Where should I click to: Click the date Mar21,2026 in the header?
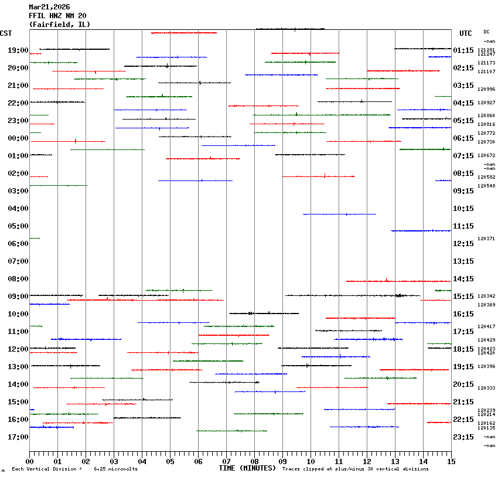click(x=50, y=7)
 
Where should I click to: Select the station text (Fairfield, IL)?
click(x=60, y=25)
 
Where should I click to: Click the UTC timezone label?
click(x=466, y=33)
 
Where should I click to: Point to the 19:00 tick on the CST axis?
click(x=18, y=50)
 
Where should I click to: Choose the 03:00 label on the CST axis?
click(x=18, y=191)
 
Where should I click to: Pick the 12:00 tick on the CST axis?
click(x=18, y=349)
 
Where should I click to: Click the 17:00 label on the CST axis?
click(x=18, y=437)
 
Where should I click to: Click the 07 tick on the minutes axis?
click(x=226, y=461)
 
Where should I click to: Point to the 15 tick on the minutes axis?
click(x=451, y=461)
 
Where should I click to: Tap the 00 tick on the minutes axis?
click(x=29, y=461)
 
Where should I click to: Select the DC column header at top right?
click(x=486, y=32)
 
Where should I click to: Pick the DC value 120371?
click(x=486, y=238)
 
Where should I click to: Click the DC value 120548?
click(x=486, y=186)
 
